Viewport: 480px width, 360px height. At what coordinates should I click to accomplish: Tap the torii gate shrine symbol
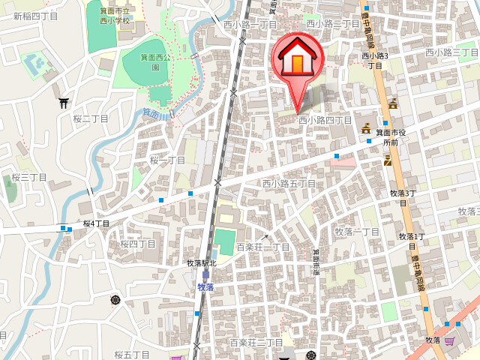tap(64, 103)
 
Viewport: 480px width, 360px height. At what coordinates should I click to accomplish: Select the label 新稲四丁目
tap(35, 16)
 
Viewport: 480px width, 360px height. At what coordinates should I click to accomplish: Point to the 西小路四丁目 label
tap(325, 120)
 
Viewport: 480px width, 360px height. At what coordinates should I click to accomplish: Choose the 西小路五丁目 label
tap(289, 184)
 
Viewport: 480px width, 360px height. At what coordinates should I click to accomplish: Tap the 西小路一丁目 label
tap(250, 25)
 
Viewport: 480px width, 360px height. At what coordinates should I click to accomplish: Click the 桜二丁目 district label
tap(91, 119)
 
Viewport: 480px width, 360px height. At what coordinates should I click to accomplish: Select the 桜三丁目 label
tap(30, 178)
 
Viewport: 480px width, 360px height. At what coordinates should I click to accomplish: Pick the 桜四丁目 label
tap(138, 244)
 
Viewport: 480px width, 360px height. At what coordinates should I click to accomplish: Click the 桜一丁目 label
tap(167, 160)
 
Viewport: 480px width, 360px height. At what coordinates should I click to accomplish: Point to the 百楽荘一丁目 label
tap(263, 247)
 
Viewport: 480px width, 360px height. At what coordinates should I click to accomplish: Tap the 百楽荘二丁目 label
tap(256, 342)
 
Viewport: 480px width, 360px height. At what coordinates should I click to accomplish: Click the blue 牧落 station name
tap(205, 287)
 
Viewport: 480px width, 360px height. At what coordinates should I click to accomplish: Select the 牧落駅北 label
tap(201, 263)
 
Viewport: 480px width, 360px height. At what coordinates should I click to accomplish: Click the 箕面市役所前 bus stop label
tap(391, 137)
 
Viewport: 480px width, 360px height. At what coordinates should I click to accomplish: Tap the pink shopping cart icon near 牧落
tap(449, 341)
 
